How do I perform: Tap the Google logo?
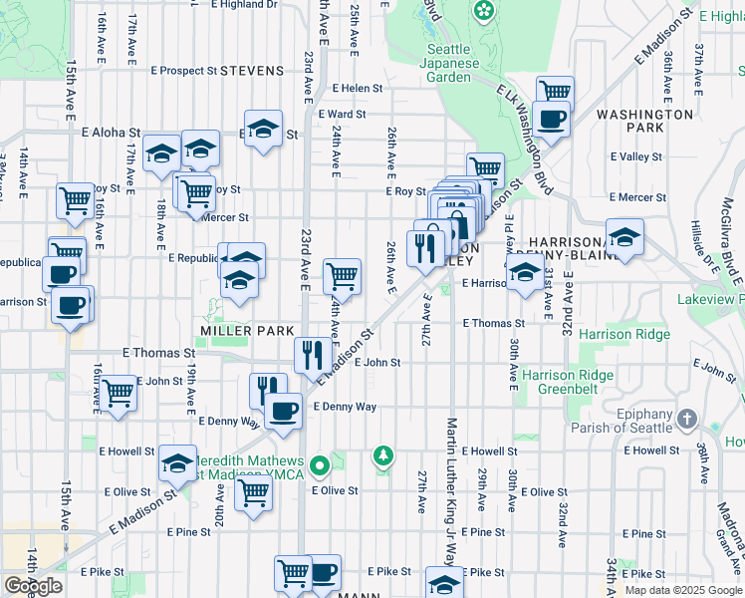(x=32, y=585)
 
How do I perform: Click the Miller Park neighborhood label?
(x=246, y=330)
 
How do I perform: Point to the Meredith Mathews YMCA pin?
(x=319, y=464)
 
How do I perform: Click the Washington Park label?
(x=644, y=122)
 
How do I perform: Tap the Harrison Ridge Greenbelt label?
(x=570, y=383)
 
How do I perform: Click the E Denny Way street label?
(x=345, y=407)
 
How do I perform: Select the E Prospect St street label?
(x=183, y=71)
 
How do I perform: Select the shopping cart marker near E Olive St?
(x=253, y=490)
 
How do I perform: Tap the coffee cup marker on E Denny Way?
(x=283, y=410)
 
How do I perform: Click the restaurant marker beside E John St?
(x=313, y=353)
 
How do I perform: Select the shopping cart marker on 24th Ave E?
(x=342, y=275)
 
